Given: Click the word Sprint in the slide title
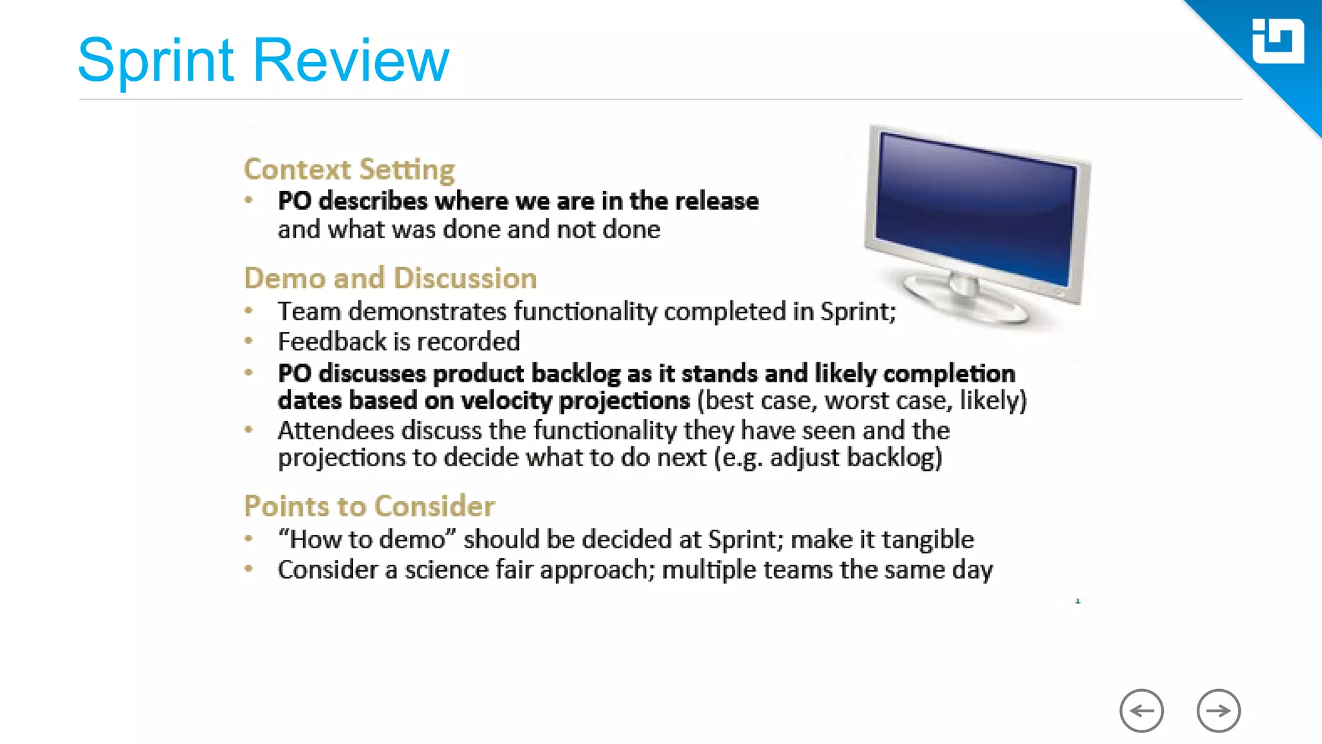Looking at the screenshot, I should pyautogui.click(x=155, y=61).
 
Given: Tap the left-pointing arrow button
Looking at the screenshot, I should pyautogui.click(x=1141, y=710).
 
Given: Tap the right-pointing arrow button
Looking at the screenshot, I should pyautogui.click(x=1218, y=710).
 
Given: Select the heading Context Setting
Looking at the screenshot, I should pyautogui.click(x=349, y=169).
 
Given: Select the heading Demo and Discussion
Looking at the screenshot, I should pyautogui.click(x=390, y=278).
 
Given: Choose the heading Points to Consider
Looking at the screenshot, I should pyautogui.click(x=369, y=506).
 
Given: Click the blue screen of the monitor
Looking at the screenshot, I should pyautogui.click(x=975, y=207).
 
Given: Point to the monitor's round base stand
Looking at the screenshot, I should pyautogui.click(x=962, y=300).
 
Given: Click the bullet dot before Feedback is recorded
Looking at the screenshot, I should pyautogui.click(x=249, y=341).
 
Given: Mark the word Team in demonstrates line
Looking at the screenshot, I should pyautogui.click(x=309, y=312).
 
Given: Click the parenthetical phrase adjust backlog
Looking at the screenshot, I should pyautogui.click(x=855, y=458).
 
